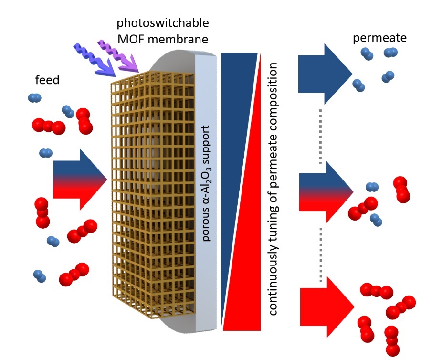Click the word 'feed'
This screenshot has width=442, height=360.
47,80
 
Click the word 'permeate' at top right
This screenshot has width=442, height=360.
379,39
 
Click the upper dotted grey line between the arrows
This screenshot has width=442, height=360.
321,136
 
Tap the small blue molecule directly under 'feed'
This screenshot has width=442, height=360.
34,98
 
